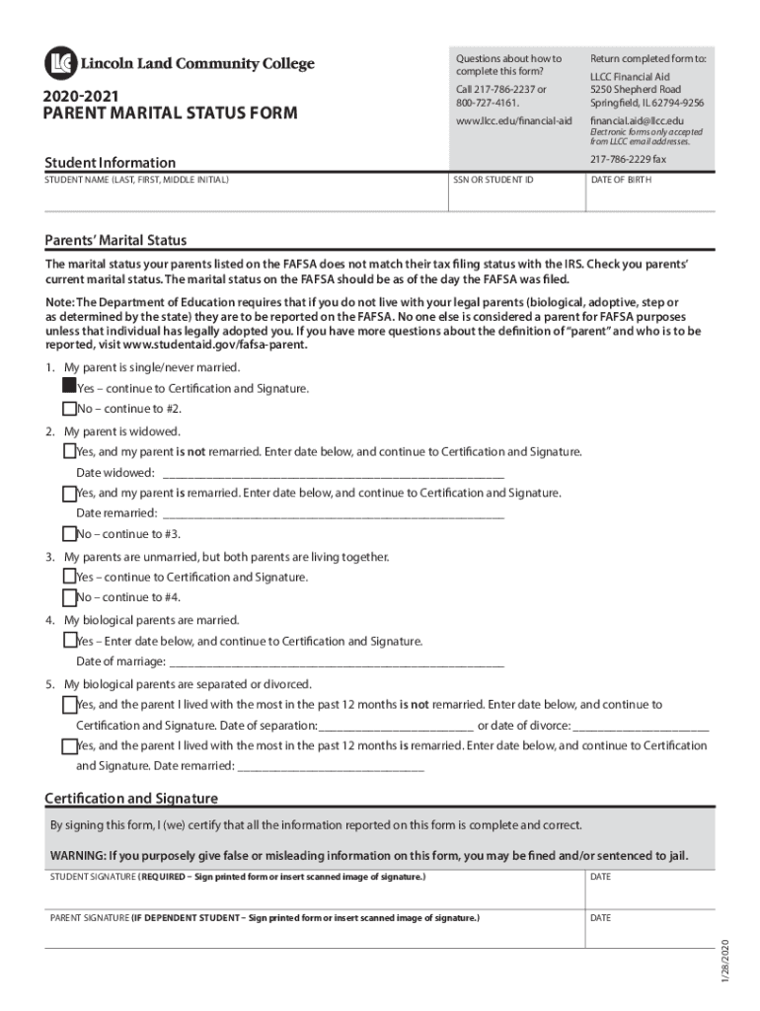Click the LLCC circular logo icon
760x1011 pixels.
coord(59,63)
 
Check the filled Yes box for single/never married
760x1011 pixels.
coord(69,387)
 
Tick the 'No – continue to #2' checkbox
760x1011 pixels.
coord(69,409)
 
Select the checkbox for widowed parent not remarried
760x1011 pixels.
coord(69,451)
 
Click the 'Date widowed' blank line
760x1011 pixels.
coord(333,472)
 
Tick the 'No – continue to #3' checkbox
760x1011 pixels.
coord(69,534)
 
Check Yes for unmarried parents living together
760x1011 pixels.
coord(69,577)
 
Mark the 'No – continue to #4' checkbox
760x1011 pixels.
coord(69,597)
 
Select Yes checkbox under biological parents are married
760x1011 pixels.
coord(69,641)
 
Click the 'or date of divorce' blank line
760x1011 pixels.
coord(642,726)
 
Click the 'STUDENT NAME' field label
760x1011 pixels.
coord(137,181)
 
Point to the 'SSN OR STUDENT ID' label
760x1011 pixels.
coord(493,181)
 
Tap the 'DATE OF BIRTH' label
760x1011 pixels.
coord(621,181)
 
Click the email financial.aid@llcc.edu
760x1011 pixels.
coord(636,120)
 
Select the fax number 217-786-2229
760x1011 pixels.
coord(628,160)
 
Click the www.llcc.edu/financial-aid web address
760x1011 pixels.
coord(513,120)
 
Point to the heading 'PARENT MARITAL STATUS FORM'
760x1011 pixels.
coord(169,114)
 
